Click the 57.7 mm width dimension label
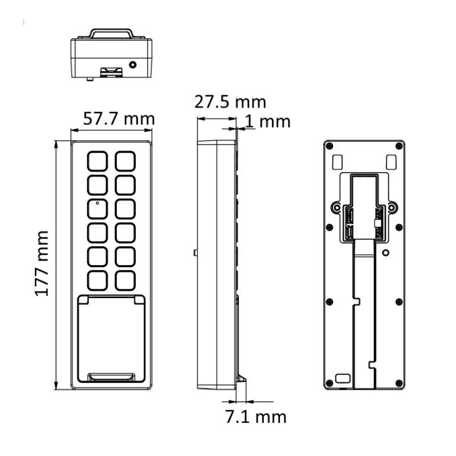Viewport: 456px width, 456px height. tap(119, 119)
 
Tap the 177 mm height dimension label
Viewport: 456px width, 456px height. tap(42, 263)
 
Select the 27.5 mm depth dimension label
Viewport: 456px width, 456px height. tap(230, 102)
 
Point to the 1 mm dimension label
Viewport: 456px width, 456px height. tap(267, 121)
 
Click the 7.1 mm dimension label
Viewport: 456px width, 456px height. tap(255, 417)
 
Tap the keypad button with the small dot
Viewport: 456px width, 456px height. tap(97, 209)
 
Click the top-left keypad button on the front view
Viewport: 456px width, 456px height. tap(97, 161)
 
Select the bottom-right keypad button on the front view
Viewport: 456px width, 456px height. tap(125, 280)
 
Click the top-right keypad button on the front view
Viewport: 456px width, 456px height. tap(125, 161)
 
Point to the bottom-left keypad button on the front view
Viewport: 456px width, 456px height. tap(97, 280)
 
